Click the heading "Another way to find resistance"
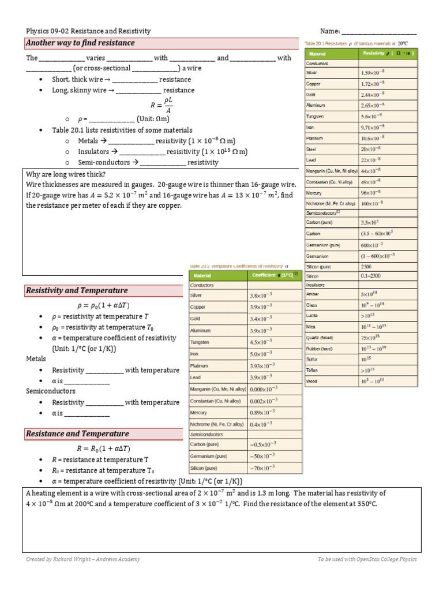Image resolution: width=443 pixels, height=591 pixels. click(80, 43)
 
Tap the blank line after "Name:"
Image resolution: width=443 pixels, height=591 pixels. click(379, 31)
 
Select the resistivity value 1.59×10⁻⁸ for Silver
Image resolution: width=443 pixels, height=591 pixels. click(373, 73)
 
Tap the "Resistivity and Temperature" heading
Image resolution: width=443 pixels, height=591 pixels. click(76, 291)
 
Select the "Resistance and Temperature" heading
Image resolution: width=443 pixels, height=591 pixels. click(77, 434)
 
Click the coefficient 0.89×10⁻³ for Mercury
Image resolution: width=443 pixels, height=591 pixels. click(262, 413)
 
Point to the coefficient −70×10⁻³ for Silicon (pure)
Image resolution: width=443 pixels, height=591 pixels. click(262, 468)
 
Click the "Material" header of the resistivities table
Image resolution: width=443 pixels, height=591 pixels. click(318, 54)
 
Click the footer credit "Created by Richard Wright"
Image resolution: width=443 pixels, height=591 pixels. click(83, 559)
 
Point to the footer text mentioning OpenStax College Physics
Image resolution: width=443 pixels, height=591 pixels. click(367, 559)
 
